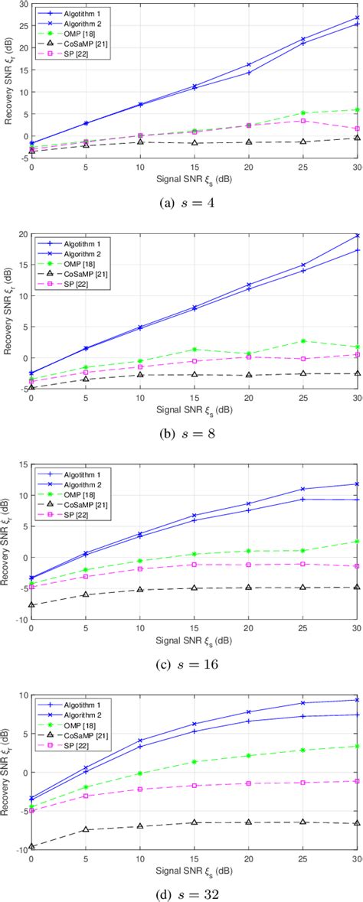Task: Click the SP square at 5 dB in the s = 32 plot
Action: (86, 796)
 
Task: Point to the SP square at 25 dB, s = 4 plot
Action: (303, 121)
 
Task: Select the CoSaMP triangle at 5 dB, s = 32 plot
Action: (86, 829)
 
